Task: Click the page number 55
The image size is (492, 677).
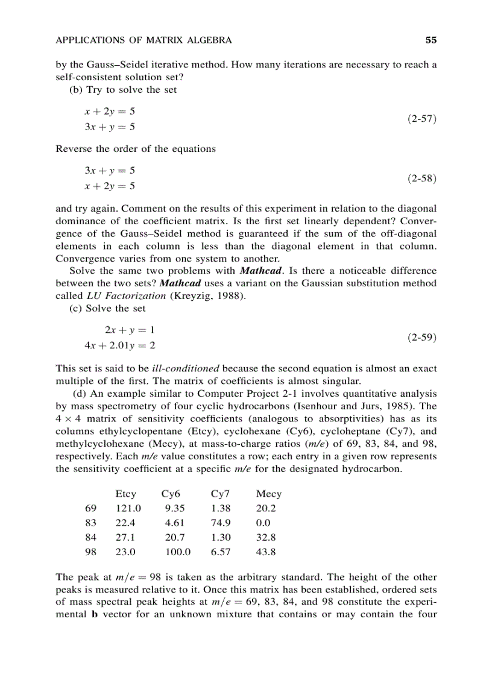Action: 430,40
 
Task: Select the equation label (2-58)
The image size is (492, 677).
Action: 421,178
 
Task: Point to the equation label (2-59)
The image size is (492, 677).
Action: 421,338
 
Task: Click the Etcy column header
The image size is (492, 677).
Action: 125,494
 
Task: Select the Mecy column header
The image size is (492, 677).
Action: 268,494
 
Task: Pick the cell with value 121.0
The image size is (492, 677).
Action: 128,508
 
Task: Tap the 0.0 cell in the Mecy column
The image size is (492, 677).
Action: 263,523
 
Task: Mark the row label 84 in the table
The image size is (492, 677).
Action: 91,537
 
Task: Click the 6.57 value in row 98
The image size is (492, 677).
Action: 220,552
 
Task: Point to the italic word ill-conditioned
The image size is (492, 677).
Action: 184,368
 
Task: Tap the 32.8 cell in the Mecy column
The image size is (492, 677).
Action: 266,537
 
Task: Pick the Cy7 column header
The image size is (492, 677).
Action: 219,494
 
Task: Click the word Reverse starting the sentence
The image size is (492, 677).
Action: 75,149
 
